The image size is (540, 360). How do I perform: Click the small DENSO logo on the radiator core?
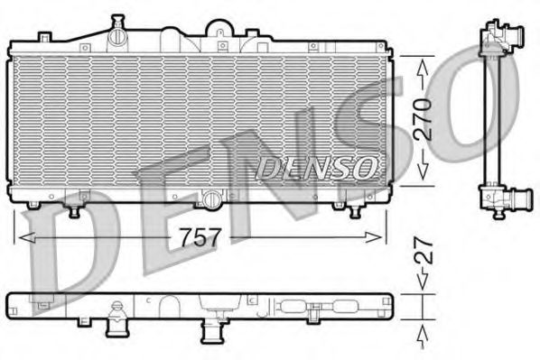(x=316, y=166)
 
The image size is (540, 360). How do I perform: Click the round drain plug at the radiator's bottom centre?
(x=210, y=198)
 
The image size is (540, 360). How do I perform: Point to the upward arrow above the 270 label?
(x=424, y=68)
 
